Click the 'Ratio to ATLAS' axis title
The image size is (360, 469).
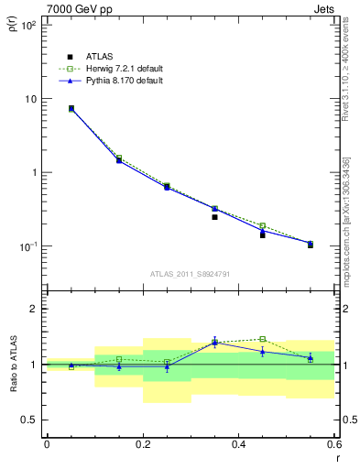click(12, 365)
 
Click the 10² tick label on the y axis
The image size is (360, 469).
click(27, 25)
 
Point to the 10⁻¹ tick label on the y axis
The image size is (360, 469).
click(27, 246)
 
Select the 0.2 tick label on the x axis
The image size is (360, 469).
click(143, 444)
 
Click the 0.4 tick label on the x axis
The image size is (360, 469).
click(239, 444)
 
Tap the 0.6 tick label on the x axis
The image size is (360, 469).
click(335, 444)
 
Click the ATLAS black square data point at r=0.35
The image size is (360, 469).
click(214, 217)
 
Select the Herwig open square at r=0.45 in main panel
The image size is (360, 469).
click(262, 225)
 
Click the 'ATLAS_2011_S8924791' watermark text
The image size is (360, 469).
click(191, 273)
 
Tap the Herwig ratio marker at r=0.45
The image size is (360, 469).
click(262, 339)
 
